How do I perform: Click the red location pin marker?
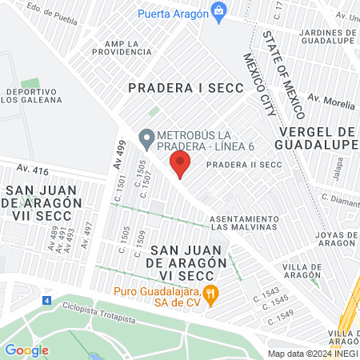pos(180,164)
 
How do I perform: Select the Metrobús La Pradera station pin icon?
pos(146,139)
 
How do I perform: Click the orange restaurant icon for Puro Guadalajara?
pos(211,294)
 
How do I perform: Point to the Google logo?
pos(26,350)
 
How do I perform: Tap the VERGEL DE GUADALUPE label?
pos(315,138)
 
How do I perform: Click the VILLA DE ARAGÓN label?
pos(302,271)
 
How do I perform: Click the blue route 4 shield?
pos(46,301)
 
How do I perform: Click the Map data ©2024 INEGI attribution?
pos(312,354)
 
